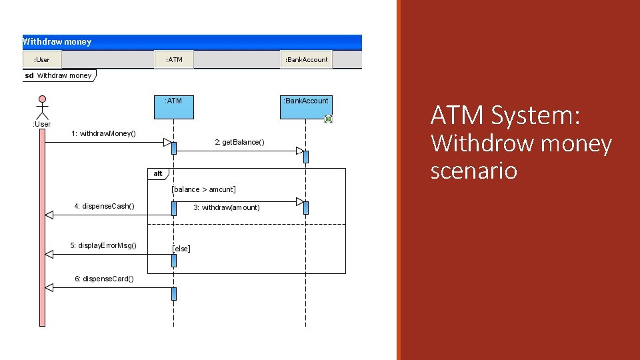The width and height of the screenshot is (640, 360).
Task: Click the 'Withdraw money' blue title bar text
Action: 57,42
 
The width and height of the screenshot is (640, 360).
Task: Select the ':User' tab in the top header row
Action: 41,60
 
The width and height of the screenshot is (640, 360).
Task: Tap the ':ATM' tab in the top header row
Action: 174,60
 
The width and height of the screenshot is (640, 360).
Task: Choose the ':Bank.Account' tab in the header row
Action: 306,60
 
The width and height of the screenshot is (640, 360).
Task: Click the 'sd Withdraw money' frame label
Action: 59,75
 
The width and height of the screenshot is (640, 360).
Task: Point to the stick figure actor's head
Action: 43,101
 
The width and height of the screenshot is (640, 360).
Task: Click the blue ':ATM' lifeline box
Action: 173,107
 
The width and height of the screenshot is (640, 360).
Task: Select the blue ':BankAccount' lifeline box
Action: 306,107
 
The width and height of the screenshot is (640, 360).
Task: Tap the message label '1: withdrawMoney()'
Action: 103,134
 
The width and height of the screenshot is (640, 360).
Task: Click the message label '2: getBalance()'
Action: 239,142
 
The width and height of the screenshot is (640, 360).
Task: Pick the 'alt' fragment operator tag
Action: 158,174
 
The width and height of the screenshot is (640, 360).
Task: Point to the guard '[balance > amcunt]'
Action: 203,190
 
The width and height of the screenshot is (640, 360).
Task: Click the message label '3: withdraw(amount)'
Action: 227,207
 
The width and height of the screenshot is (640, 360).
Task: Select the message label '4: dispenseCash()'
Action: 104,206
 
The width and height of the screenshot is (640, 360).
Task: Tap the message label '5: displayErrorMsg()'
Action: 103,246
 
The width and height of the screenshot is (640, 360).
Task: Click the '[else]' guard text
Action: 181,249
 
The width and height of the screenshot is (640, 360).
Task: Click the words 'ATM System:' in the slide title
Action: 505,116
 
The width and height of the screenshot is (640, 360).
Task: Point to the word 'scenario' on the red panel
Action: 473,171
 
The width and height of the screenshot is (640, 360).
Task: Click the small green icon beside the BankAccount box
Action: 328,119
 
